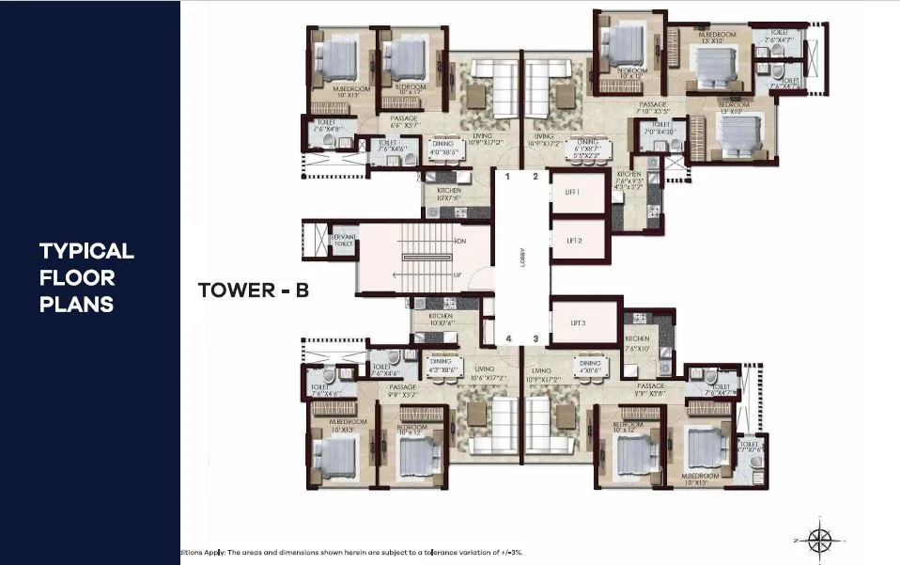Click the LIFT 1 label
pos(573,191)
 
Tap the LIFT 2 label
pos(574,241)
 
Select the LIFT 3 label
pos(580,322)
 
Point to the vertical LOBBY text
pos(522,257)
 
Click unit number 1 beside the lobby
pos(507,177)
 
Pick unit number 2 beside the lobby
pos(535,177)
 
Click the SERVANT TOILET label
pos(344,241)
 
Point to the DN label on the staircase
pos(460,241)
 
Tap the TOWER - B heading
pos(254,290)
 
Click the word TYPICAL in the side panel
pos(86,251)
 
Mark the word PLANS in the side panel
pos(76,305)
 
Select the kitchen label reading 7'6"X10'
pos(637,343)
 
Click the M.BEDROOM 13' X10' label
pos(716,38)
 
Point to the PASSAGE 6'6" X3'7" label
pos(404,121)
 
